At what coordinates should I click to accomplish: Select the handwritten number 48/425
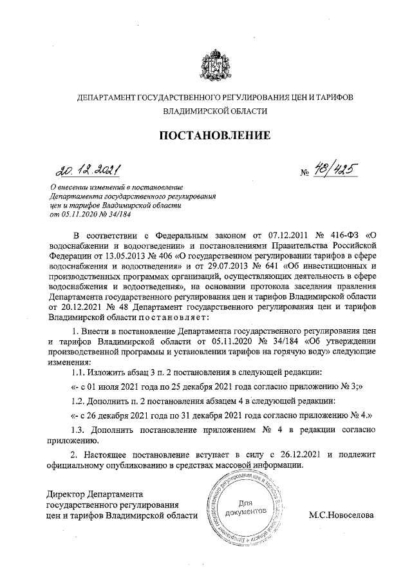tap(333, 169)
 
